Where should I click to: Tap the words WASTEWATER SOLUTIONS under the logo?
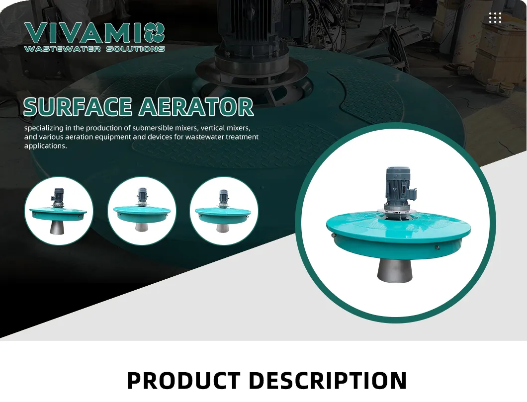click(94, 49)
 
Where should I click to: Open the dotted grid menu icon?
click(495, 18)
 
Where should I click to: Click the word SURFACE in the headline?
click(78, 107)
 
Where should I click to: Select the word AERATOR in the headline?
click(196, 107)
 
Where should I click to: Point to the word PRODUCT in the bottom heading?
click(183, 381)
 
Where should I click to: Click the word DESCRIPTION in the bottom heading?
click(327, 381)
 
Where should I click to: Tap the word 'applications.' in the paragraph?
click(45, 146)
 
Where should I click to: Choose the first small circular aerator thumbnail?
click(59, 211)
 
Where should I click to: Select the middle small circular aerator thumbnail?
click(142, 211)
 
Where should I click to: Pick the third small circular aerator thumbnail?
click(224, 211)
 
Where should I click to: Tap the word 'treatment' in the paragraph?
click(241, 137)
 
